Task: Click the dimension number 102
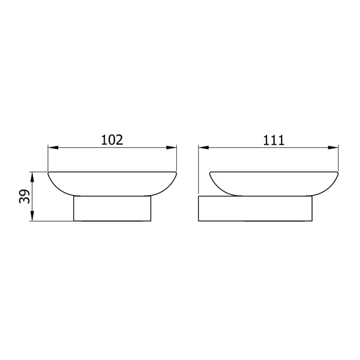(112, 140)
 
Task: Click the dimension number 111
(273, 140)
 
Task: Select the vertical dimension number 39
(25, 196)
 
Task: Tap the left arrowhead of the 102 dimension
(53, 147)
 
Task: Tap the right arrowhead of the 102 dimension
(171, 147)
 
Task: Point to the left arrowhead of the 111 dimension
(203, 147)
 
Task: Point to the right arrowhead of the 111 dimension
(333, 147)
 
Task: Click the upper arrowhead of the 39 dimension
(32, 177)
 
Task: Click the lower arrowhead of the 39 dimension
(32, 216)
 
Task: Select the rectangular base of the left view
(112, 208)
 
